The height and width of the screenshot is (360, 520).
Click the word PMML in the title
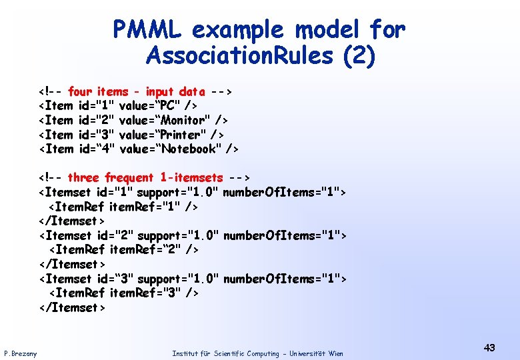point(151,29)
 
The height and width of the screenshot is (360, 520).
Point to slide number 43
point(489,347)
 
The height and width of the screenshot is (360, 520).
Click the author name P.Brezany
point(20,353)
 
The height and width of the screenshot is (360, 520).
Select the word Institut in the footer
point(184,353)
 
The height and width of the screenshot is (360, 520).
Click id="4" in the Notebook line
point(97,149)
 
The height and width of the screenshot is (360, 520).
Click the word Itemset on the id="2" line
point(69,235)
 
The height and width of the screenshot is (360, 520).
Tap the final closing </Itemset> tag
point(72,307)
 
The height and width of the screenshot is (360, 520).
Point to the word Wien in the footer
point(335,353)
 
